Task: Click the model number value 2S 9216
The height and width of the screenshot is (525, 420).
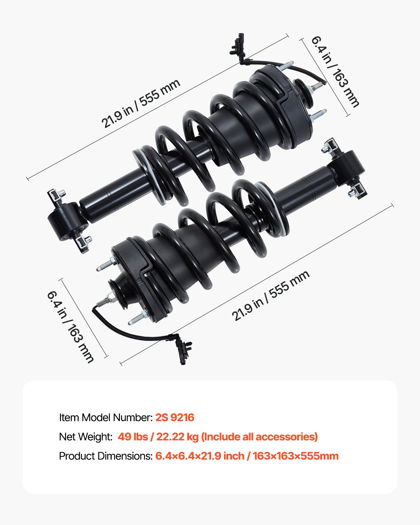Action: point(175,418)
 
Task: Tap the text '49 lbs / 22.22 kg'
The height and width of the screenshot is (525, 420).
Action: point(158,437)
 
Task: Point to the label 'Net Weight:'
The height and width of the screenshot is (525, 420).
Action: point(85,437)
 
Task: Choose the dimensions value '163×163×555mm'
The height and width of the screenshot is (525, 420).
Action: point(296,456)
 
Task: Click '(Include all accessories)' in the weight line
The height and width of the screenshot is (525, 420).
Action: point(260,437)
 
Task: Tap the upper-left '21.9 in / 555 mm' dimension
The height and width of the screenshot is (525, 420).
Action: point(141,104)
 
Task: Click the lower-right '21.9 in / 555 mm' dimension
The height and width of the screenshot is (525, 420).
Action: point(271,296)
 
